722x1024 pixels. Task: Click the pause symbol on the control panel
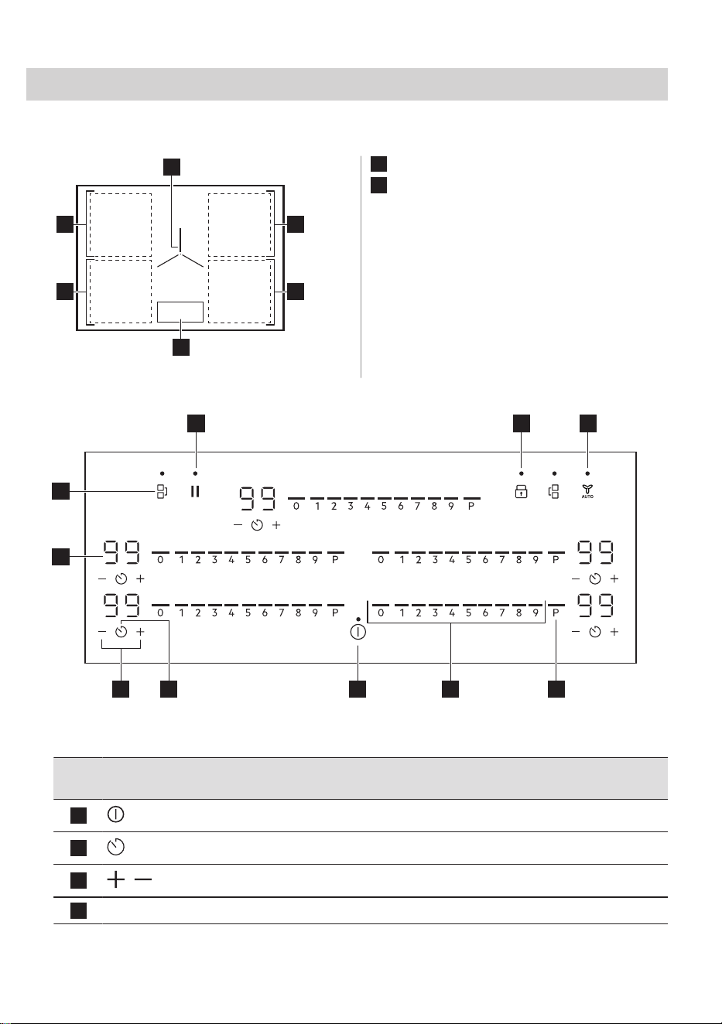(x=195, y=491)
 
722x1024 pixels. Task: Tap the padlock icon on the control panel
(x=521, y=492)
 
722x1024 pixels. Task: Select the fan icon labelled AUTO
(x=587, y=491)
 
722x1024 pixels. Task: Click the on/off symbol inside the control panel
(x=358, y=632)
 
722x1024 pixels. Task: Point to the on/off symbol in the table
(x=116, y=814)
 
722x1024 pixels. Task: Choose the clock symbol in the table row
(x=116, y=847)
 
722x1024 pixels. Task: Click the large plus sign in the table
(x=116, y=879)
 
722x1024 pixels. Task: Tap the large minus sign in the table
(x=143, y=879)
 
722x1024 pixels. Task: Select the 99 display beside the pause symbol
(x=258, y=498)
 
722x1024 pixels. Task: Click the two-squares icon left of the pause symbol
(x=162, y=491)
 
